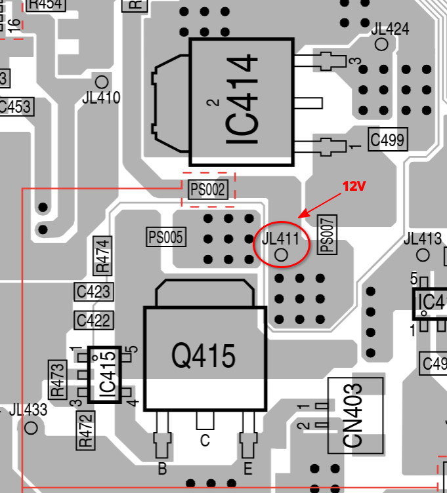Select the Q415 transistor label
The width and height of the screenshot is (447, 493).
pyautogui.click(x=203, y=356)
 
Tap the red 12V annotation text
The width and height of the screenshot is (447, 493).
pyautogui.click(x=352, y=187)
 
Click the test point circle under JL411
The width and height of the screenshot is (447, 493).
pyautogui.click(x=282, y=254)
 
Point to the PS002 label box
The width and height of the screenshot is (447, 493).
pyautogui.click(x=208, y=190)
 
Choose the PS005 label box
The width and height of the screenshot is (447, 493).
pyautogui.click(x=167, y=236)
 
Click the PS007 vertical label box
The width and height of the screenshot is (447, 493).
pyautogui.click(x=326, y=234)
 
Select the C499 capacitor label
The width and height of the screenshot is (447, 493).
pyautogui.click(x=387, y=139)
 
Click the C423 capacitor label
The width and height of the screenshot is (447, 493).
pyautogui.click(x=93, y=291)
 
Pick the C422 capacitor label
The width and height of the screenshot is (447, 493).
pyautogui.click(x=93, y=321)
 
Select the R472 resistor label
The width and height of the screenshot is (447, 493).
pyautogui.click(x=85, y=430)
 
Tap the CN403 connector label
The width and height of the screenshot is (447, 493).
pyautogui.click(x=354, y=415)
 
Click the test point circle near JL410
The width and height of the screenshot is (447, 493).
pyautogui.click(x=102, y=81)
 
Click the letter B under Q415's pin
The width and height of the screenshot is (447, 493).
pyautogui.click(x=162, y=469)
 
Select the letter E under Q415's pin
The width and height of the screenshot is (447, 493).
pyautogui.click(x=247, y=469)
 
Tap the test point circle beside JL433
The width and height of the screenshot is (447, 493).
pyautogui.click(x=30, y=428)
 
